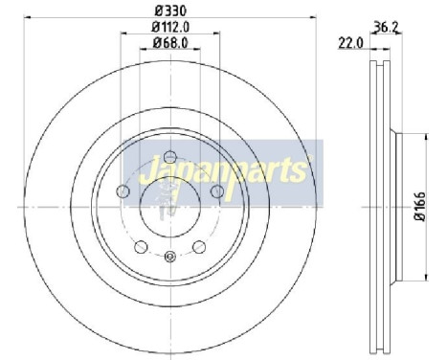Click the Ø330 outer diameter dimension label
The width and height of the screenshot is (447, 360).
(170, 11)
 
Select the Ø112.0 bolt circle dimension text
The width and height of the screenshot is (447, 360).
(170, 29)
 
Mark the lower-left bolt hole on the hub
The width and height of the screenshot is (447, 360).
(141, 247)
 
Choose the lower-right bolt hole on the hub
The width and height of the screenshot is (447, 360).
(199, 247)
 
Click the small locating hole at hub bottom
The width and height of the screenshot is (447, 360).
(170, 256)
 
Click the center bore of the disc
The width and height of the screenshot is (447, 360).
(170, 206)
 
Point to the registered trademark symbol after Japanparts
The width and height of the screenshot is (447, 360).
(308, 163)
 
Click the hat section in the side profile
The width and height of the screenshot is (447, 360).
(394, 206)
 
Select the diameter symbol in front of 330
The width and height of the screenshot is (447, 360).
(156, 11)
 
